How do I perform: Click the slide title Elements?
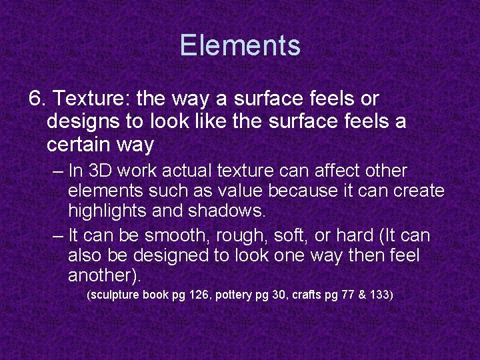(240, 46)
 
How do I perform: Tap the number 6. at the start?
(38, 99)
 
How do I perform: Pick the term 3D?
(101, 171)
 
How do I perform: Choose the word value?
(239, 191)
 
